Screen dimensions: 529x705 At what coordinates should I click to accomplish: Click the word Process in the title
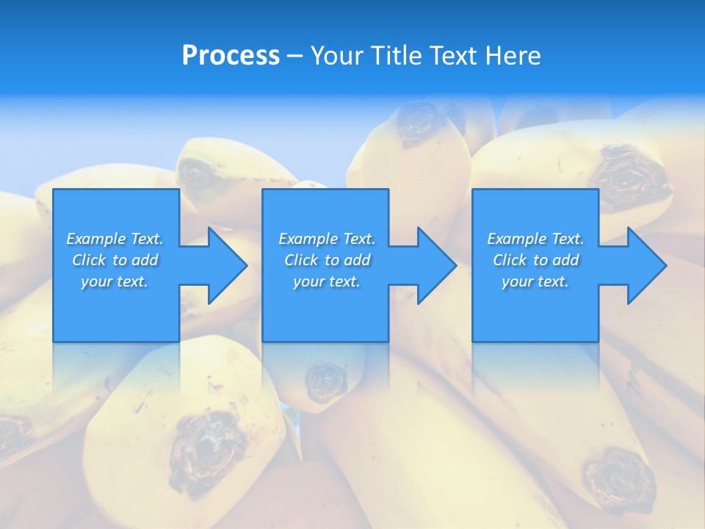pos(231,56)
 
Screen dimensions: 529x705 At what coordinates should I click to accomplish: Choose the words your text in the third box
pos(535,281)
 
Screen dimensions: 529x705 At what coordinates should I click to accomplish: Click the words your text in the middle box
pos(326,281)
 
